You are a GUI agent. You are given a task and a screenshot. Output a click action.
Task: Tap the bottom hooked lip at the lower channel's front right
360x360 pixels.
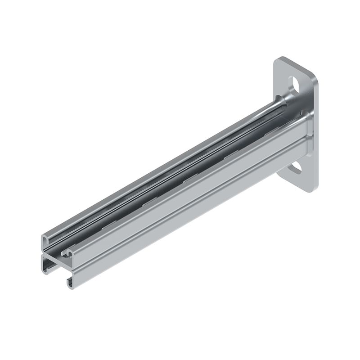point(70,283)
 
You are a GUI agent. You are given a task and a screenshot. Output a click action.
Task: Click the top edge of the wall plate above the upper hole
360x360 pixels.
point(295,65)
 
